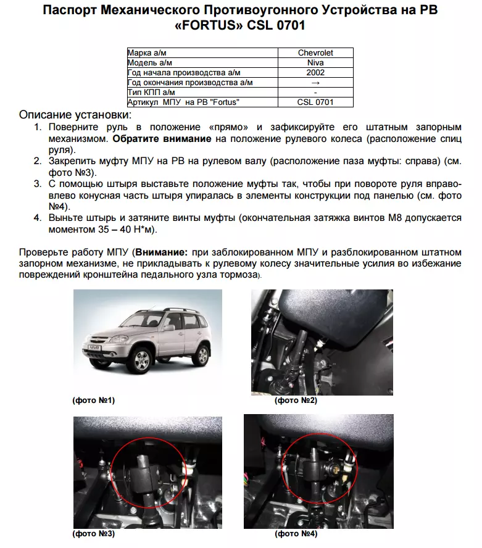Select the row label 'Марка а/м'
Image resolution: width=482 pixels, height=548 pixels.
point(149,53)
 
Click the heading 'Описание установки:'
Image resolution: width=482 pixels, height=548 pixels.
point(75,115)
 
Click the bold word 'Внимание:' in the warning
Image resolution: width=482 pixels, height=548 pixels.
point(161,252)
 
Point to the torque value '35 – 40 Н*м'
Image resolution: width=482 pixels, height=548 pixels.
point(130,230)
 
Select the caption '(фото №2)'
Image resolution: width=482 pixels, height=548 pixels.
point(296,401)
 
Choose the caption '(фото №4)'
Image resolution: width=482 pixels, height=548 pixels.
point(296,533)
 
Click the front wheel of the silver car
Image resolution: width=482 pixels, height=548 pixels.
point(141,360)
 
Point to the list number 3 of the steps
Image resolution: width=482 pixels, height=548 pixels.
point(37,184)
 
